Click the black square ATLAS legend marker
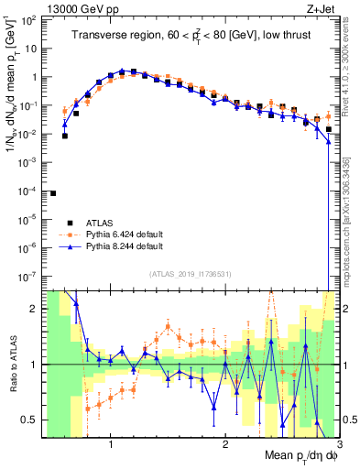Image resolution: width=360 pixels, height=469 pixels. pyautogui.click(x=68, y=223)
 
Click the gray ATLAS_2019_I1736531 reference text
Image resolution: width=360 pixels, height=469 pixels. pyautogui.click(x=189, y=273)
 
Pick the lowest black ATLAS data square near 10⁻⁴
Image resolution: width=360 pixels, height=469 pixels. pyautogui.click(x=53, y=193)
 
